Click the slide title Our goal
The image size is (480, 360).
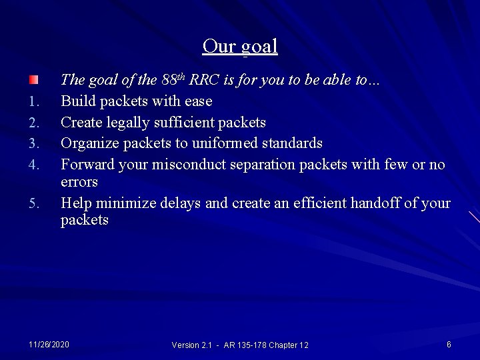pyautogui.click(x=240, y=46)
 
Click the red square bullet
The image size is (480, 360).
pyautogui.click(x=33, y=80)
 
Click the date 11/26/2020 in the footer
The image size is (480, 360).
pyautogui.click(x=49, y=344)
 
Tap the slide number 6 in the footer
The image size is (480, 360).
pyautogui.click(x=449, y=344)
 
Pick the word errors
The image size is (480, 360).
pyautogui.click(x=79, y=182)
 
